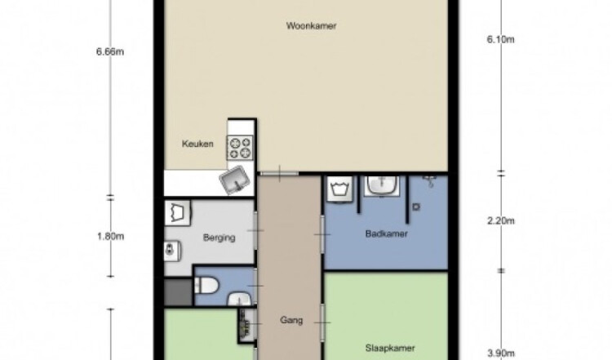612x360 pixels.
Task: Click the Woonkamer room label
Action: (x=311, y=26)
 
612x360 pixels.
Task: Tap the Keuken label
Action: (x=197, y=144)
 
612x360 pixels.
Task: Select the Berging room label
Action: (x=219, y=238)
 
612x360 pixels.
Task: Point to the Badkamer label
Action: (x=387, y=233)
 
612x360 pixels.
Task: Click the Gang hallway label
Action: (x=291, y=320)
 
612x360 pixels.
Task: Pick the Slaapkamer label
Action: (x=390, y=348)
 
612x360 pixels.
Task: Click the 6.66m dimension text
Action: (x=110, y=51)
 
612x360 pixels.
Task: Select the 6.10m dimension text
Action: (x=501, y=39)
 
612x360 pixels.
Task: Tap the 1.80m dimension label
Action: (x=110, y=236)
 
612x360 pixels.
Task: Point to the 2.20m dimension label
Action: (x=501, y=221)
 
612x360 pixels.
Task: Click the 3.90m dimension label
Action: (x=501, y=353)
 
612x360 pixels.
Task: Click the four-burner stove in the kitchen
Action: (x=240, y=148)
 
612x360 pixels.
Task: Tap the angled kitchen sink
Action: (x=234, y=180)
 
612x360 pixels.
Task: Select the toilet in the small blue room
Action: (x=206, y=286)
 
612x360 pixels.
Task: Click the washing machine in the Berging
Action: (x=178, y=213)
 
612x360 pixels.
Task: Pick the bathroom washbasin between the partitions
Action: (x=382, y=186)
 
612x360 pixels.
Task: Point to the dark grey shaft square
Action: (x=179, y=292)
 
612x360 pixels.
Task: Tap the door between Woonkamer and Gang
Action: (x=279, y=174)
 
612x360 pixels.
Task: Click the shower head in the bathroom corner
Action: (x=430, y=181)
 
